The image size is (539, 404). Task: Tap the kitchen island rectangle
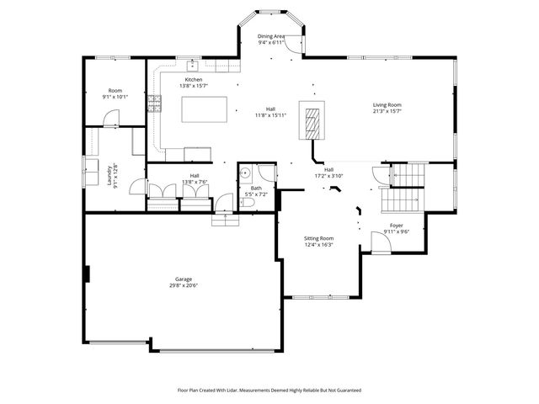pos(205,109)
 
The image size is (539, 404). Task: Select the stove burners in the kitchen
pos(154,104)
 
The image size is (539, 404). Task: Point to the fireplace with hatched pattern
pos(313,124)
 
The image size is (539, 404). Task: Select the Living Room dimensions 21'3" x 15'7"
pos(387,111)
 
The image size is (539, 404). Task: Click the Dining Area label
pos(271,37)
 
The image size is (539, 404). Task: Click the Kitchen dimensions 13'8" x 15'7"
pos(195,86)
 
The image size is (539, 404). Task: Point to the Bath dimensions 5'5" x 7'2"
pos(255,194)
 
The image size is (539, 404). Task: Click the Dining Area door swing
pos(291,47)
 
